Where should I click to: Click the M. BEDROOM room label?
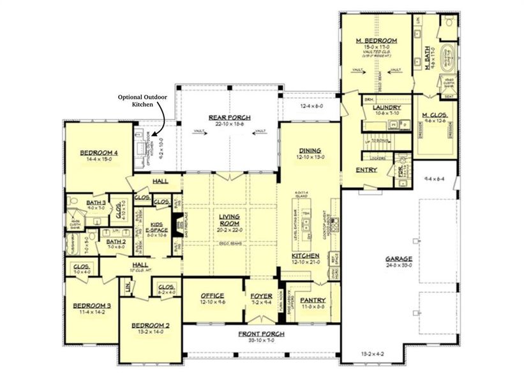click(377, 41)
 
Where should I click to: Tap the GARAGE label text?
click(398, 259)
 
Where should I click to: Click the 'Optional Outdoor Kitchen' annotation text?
click(138, 100)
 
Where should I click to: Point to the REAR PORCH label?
click(229, 117)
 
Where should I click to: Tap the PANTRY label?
click(313, 300)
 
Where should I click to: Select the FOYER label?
click(262, 296)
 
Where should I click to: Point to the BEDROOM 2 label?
click(152, 326)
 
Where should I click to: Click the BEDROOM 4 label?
click(98, 153)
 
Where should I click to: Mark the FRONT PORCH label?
click(262, 334)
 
